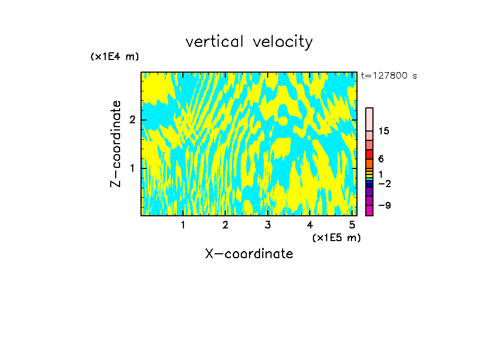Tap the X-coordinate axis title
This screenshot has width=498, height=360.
[249, 254]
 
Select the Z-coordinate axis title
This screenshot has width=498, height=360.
[116, 144]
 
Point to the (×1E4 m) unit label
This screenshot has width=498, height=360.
[115, 57]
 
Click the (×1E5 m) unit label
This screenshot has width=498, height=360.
[336, 237]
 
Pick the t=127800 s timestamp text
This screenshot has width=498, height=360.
[388, 75]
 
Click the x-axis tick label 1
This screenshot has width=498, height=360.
[183, 225]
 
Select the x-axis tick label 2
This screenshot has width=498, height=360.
[225, 225]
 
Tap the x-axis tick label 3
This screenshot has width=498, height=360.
[268, 225]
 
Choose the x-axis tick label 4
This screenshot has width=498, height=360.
[310, 225]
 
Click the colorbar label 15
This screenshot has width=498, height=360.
[384, 131]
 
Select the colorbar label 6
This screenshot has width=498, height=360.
[381, 159]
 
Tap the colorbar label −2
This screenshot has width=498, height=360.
[384, 183]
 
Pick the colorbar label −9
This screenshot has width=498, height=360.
[384, 205]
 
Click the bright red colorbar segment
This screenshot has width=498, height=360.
[369, 154]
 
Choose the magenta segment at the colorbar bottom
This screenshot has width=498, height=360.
[369, 210]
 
